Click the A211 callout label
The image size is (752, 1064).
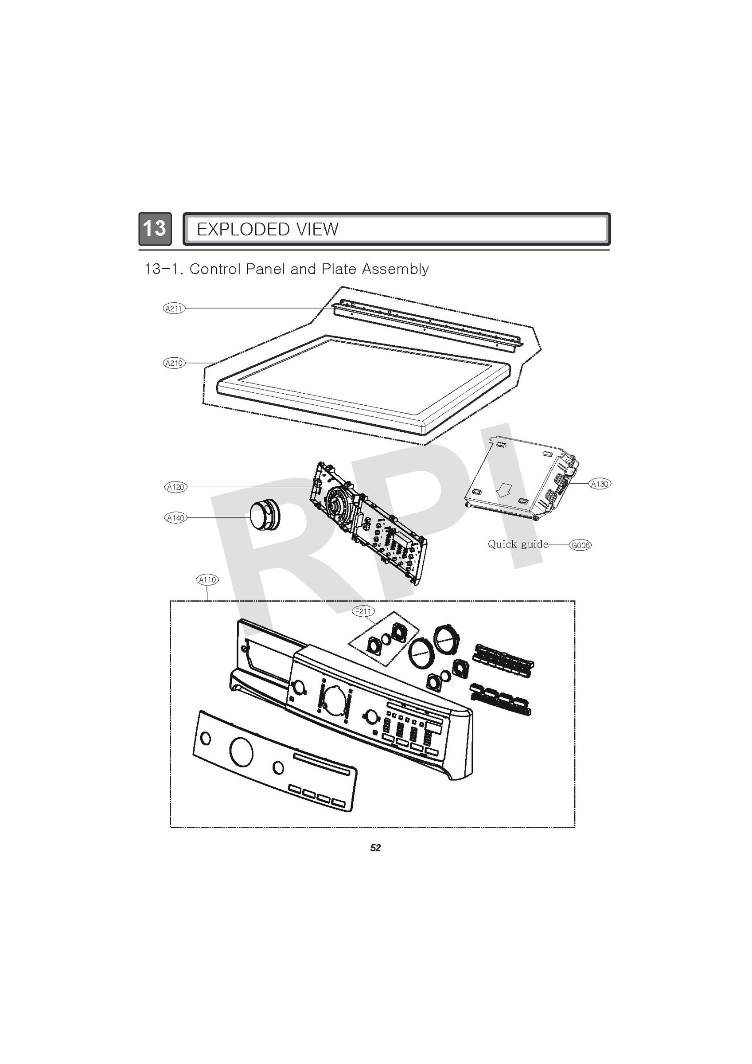(x=174, y=308)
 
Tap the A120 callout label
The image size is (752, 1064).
(x=176, y=487)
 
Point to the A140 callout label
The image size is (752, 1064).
(x=176, y=518)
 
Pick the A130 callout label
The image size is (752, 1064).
(x=600, y=484)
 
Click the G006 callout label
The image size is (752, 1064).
(x=580, y=545)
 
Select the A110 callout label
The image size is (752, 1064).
(x=207, y=579)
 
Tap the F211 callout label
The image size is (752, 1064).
(x=363, y=611)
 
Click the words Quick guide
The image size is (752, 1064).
(x=518, y=544)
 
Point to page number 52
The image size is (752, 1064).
(x=375, y=848)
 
